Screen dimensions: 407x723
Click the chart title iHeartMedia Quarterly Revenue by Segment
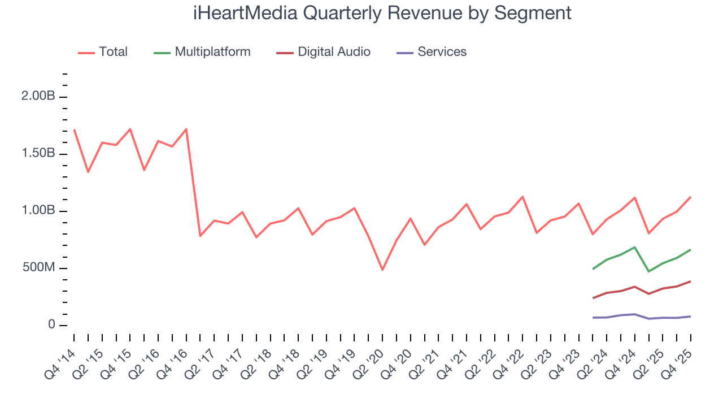coord(382,12)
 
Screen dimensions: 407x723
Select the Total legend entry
coord(113,52)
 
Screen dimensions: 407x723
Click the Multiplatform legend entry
coord(212,52)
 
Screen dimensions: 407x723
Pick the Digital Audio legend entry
coord(334,52)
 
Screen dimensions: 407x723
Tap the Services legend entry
coord(442,52)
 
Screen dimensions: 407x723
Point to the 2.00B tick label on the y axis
coord(38,97)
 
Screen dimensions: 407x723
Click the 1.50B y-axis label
coord(38,154)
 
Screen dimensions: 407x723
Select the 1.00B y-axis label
coord(38,211)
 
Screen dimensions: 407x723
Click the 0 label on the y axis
coord(51,325)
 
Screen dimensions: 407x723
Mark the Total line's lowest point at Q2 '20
coord(382,270)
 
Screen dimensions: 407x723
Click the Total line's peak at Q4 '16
coord(186,129)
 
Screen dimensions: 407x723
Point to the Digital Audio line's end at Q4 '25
coord(690,281)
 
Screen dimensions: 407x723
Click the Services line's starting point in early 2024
coord(593,318)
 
